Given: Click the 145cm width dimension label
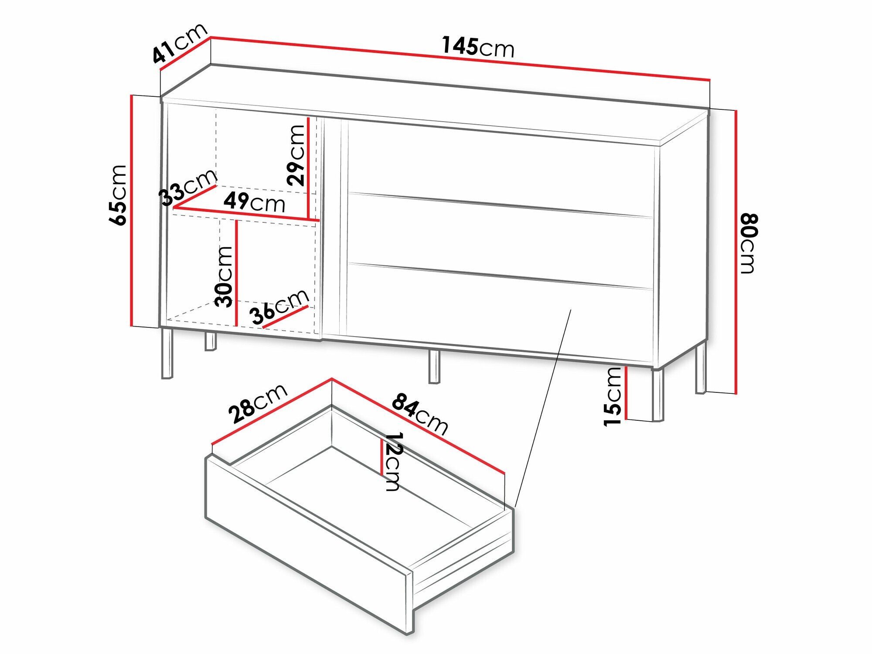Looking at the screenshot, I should coord(478,47).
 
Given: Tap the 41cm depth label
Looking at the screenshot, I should coord(180,43).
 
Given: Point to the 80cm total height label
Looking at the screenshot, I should coord(749,243).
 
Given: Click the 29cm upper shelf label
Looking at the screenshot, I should coord(296,155).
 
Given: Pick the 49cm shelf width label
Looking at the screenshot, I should coord(254,202).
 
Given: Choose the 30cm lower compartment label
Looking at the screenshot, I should coord(224,276).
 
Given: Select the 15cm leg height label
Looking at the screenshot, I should coord(613,396).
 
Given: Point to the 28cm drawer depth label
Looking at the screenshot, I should coord(258,403).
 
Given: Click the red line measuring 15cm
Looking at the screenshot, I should coord(626,393).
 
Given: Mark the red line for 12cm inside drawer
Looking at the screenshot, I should coord(382,457).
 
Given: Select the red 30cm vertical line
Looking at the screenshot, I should coord(236,273).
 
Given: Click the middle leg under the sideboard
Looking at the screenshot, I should coord(434,367).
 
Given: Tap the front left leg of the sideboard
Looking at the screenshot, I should coord(167,353).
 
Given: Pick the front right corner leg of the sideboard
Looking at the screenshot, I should coord(657,395).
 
